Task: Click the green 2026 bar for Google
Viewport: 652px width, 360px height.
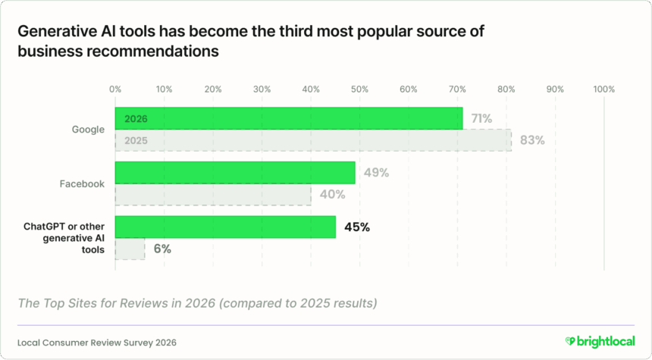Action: (x=288, y=119)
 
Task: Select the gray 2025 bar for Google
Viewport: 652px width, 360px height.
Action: (x=312, y=140)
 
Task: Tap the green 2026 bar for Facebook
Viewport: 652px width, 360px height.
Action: (x=235, y=173)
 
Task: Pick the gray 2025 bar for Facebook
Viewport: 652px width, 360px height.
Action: (x=213, y=195)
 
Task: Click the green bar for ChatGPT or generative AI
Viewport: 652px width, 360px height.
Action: (x=225, y=227)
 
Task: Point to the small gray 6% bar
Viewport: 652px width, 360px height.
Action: (x=130, y=249)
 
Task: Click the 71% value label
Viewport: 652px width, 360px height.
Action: (x=481, y=118)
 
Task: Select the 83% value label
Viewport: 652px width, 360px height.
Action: (x=532, y=140)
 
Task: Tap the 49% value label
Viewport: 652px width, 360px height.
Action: (x=376, y=173)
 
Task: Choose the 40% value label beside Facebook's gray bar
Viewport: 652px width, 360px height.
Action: (x=332, y=195)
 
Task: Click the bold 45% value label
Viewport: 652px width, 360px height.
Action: (x=356, y=227)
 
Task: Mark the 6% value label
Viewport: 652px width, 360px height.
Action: (x=161, y=249)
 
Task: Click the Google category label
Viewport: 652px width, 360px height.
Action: (x=88, y=130)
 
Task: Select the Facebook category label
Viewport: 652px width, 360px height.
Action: (x=82, y=183)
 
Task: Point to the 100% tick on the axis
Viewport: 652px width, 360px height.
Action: (x=603, y=89)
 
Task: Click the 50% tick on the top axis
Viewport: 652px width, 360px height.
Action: (x=359, y=89)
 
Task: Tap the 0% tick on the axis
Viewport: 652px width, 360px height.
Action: (x=115, y=89)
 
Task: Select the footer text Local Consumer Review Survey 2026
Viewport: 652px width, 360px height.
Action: (x=97, y=342)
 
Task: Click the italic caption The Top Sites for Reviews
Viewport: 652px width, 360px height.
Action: (x=197, y=304)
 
